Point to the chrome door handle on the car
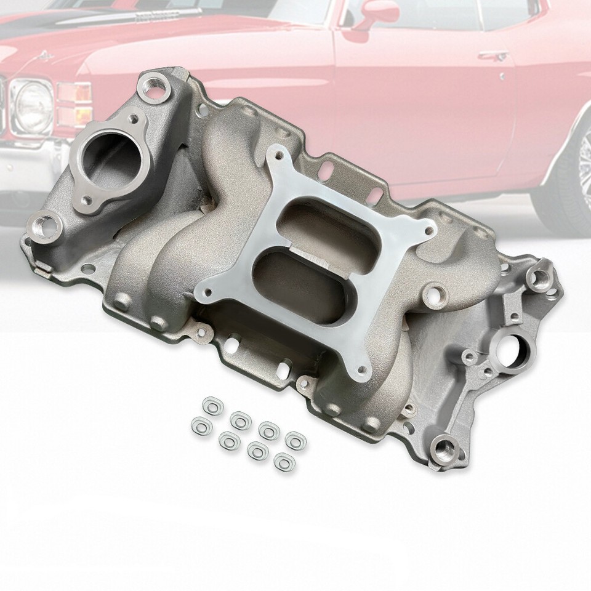[x=494, y=57]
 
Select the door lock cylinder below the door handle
[x=503, y=77]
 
